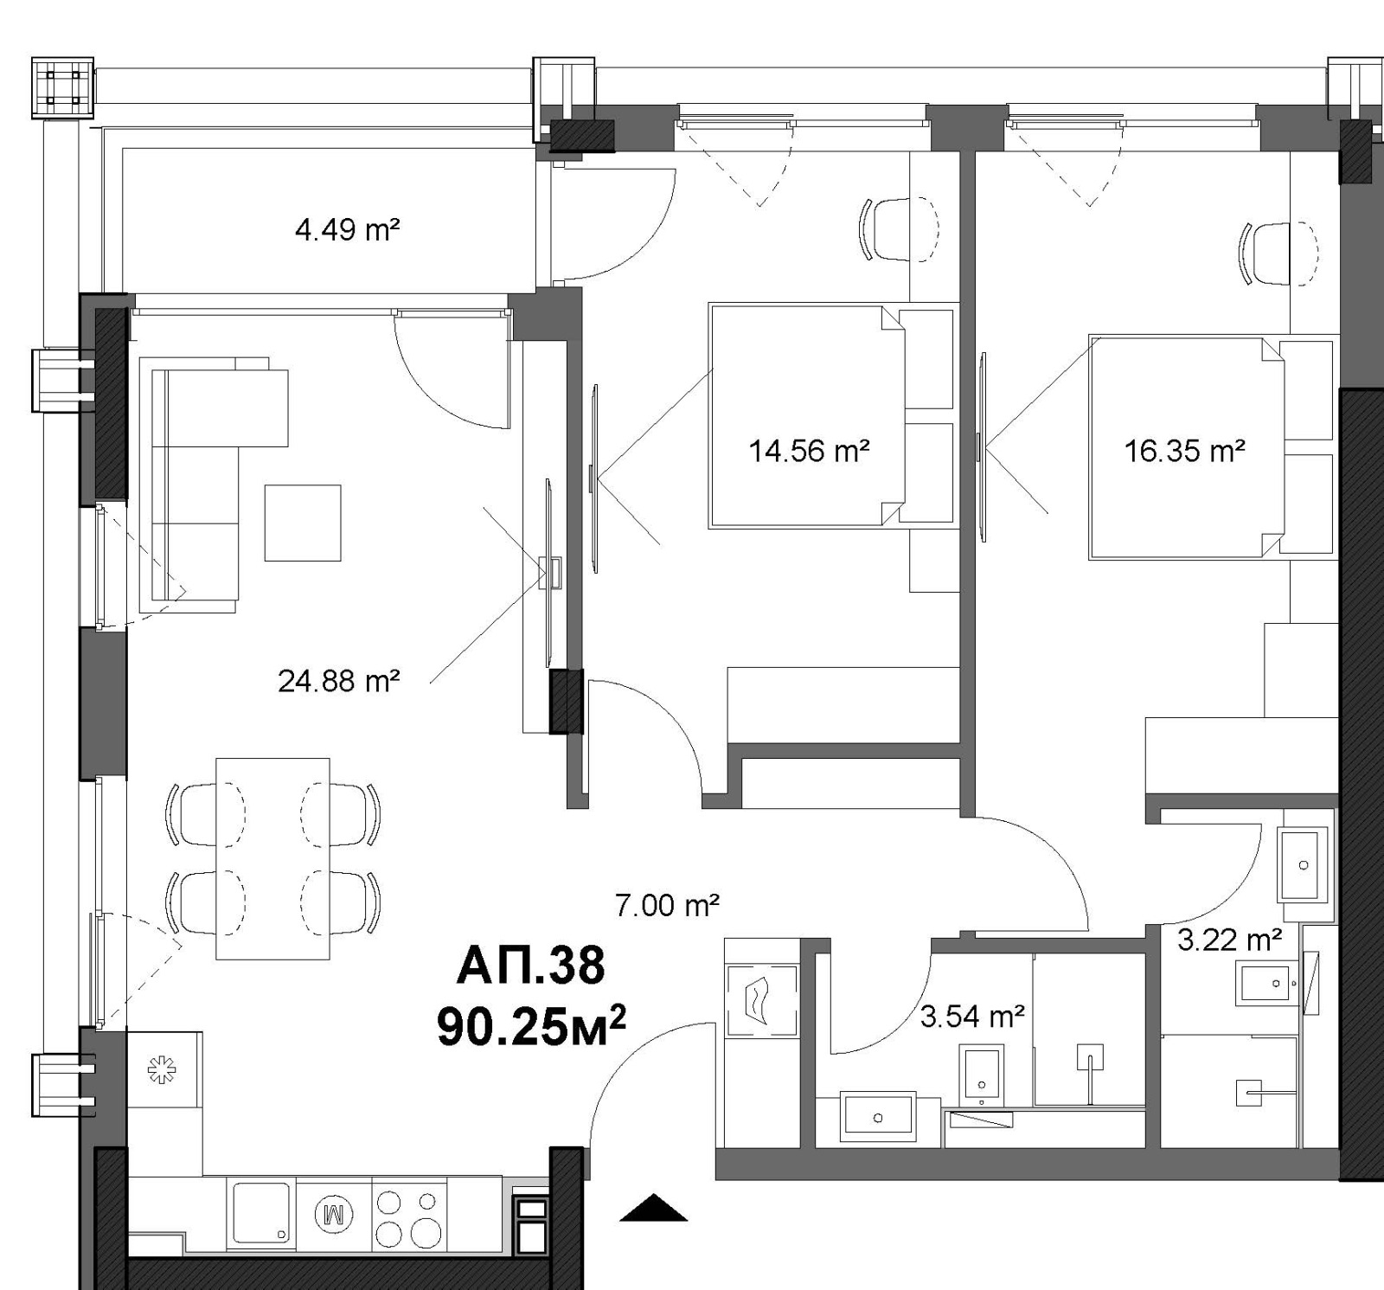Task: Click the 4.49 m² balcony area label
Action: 347,230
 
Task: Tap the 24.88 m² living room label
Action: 338,681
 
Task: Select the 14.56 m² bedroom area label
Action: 809,451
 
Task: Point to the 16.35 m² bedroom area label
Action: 1184,451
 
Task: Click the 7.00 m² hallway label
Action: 667,906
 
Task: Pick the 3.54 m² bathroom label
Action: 972,1017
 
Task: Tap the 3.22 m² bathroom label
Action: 1229,939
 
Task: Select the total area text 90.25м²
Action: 531,1025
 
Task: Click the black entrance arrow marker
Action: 654,1208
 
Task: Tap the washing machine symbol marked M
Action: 334,1214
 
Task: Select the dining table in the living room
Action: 272,858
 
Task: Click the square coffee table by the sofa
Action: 303,523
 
